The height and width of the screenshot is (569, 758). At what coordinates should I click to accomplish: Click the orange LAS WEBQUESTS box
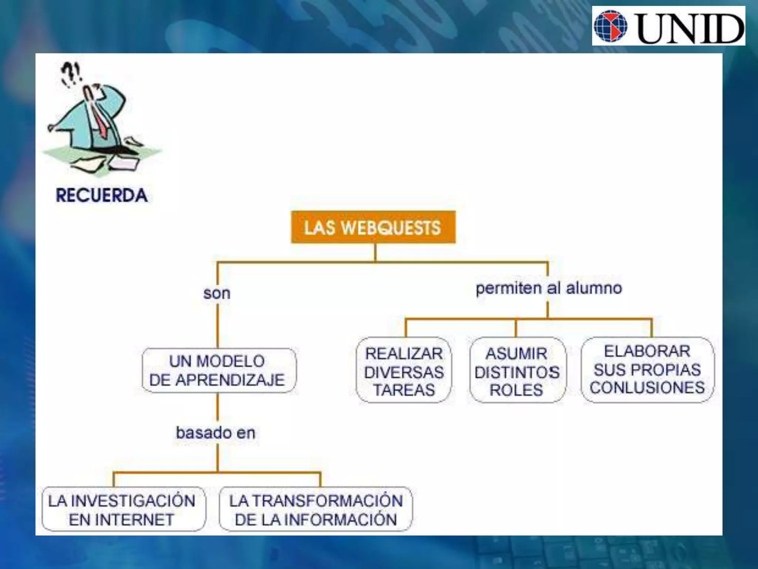point(373,227)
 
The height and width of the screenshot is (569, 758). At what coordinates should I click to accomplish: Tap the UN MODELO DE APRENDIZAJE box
point(219,370)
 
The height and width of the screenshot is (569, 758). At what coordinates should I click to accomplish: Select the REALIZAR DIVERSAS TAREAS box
point(404,370)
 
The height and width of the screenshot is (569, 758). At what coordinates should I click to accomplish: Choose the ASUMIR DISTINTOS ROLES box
point(517,370)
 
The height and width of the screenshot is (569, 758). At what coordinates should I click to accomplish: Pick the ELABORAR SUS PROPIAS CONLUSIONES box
point(647,369)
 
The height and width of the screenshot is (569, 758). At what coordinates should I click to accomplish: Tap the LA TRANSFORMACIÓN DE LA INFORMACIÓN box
point(316,509)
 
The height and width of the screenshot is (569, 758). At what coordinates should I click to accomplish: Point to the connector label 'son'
point(217,293)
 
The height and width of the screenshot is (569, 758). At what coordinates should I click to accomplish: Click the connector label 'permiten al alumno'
point(549,288)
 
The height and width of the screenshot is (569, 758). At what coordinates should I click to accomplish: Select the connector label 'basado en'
point(216,433)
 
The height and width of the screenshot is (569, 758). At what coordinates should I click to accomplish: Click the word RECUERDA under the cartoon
point(102,196)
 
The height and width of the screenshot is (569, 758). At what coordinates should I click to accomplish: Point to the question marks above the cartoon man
point(71,73)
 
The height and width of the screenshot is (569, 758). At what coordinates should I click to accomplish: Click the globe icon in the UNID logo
point(611,26)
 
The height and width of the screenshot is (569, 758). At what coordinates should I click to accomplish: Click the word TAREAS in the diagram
point(404,390)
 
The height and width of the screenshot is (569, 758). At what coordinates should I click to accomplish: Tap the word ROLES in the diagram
point(516,390)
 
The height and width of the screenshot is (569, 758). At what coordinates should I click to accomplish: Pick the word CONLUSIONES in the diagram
point(647,387)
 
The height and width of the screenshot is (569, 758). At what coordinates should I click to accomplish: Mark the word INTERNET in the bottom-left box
point(121,519)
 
